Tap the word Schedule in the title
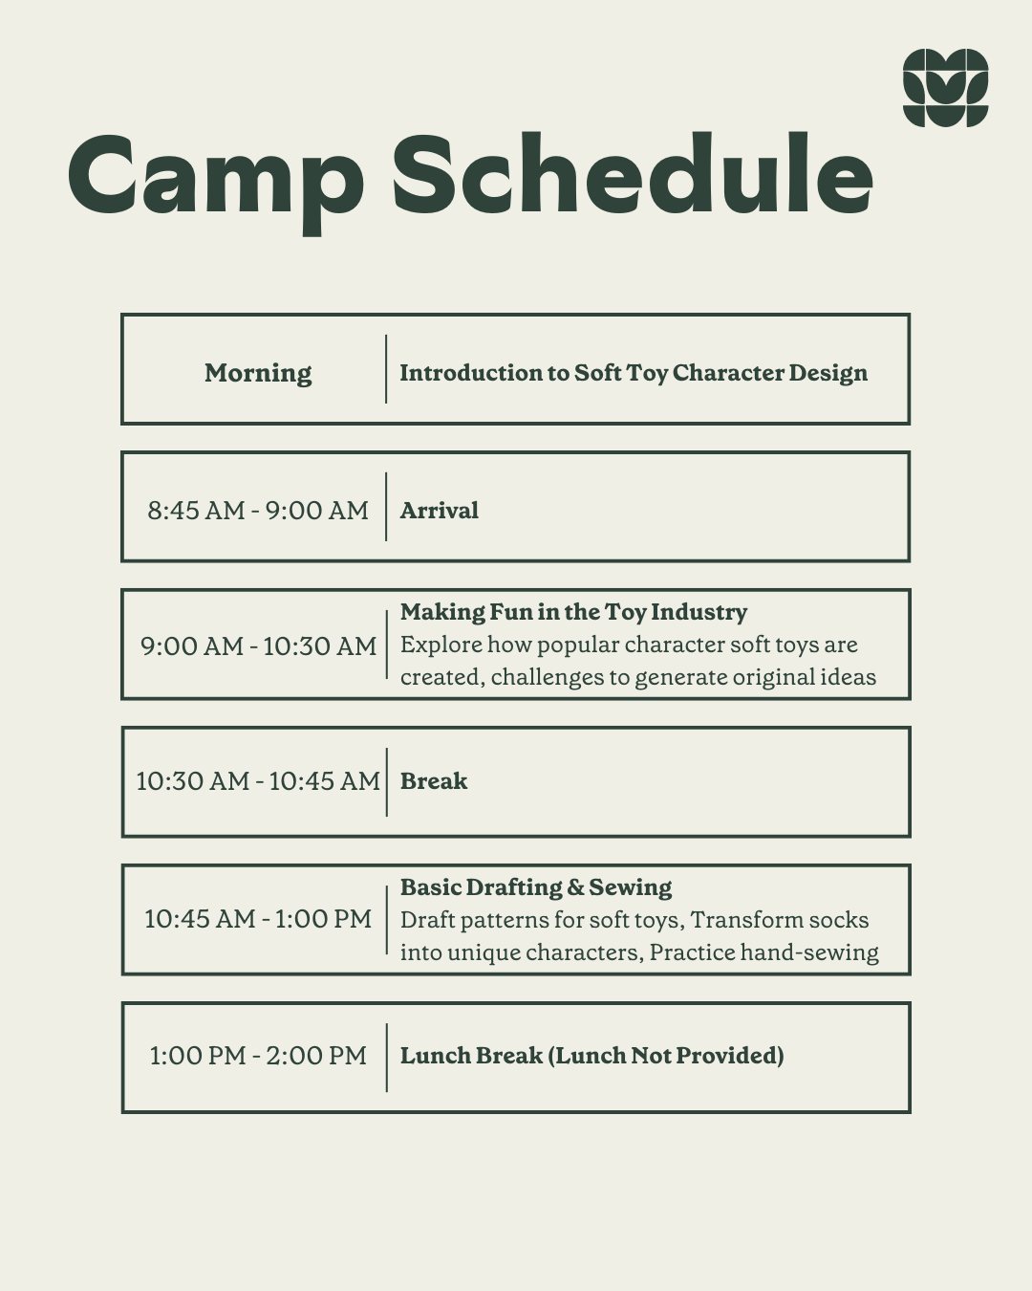[x=633, y=174]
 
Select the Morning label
[x=258, y=374]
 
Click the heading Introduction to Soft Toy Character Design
[x=634, y=373]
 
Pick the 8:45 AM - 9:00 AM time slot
[x=258, y=511]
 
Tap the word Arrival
[x=439, y=511]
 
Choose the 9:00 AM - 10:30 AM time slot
[x=258, y=646]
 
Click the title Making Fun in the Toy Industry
[x=574, y=612]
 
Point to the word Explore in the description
[x=441, y=645]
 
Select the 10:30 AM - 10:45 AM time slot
[x=258, y=781]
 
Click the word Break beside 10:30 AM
[x=434, y=781]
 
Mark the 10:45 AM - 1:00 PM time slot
[x=258, y=919]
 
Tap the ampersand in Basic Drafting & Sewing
[x=575, y=887]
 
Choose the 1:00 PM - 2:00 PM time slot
[x=258, y=1057]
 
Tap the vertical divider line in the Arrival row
[x=386, y=507]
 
